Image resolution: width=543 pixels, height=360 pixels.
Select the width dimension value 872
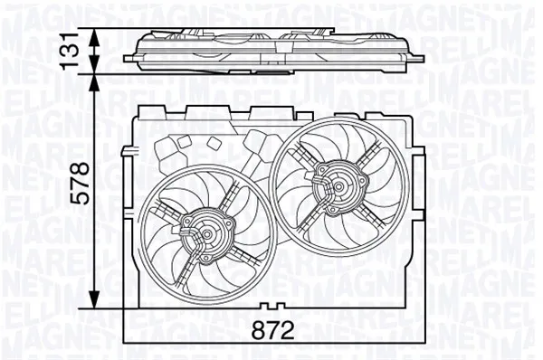point(273,331)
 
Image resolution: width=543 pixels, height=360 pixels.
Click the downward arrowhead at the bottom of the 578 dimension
point(95,302)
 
